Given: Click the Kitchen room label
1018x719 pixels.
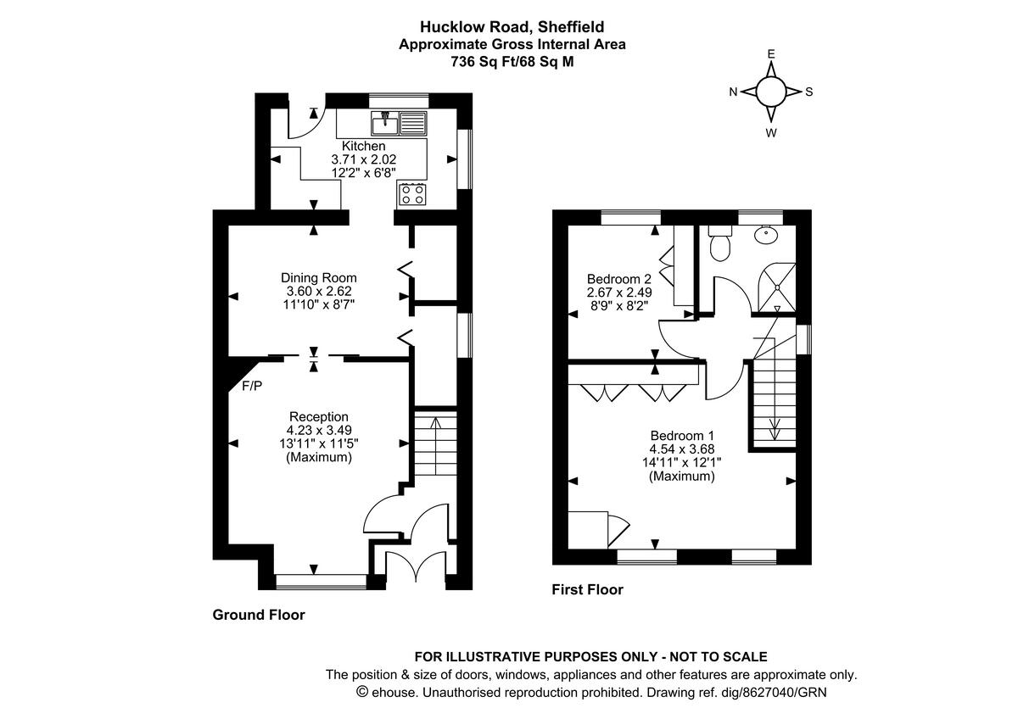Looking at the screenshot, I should pyautogui.click(x=363, y=147).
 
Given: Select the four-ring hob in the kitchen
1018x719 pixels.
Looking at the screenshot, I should pyautogui.click(x=411, y=194).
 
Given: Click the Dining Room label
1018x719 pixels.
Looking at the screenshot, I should pyautogui.click(x=319, y=277).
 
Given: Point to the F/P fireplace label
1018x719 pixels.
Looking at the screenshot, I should pyautogui.click(x=252, y=387).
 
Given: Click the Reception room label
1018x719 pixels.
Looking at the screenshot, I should pyautogui.click(x=319, y=416).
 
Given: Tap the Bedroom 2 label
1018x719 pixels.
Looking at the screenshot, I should pyautogui.click(x=619, y=279).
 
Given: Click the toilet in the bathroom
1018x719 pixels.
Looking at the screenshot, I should pyautogui.click(x=720, y=243).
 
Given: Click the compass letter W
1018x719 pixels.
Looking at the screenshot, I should pyautogui.click(x=771, y=133).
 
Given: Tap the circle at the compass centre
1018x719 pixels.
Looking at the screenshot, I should pyautogui.click(x=771, y=92).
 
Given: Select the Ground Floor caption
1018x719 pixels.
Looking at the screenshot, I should pyautogui.click(x=258, y=615).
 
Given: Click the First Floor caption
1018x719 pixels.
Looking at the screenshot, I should pyautogui.click(x=587, y=589).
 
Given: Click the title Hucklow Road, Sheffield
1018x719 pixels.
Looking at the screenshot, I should pyautogui.click(x=512, y=28).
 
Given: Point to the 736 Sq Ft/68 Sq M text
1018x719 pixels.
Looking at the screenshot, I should pyautogui.click(x=512, y=61).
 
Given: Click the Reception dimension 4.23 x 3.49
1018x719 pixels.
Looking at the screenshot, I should pyautogui.click(x=319, y=431).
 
